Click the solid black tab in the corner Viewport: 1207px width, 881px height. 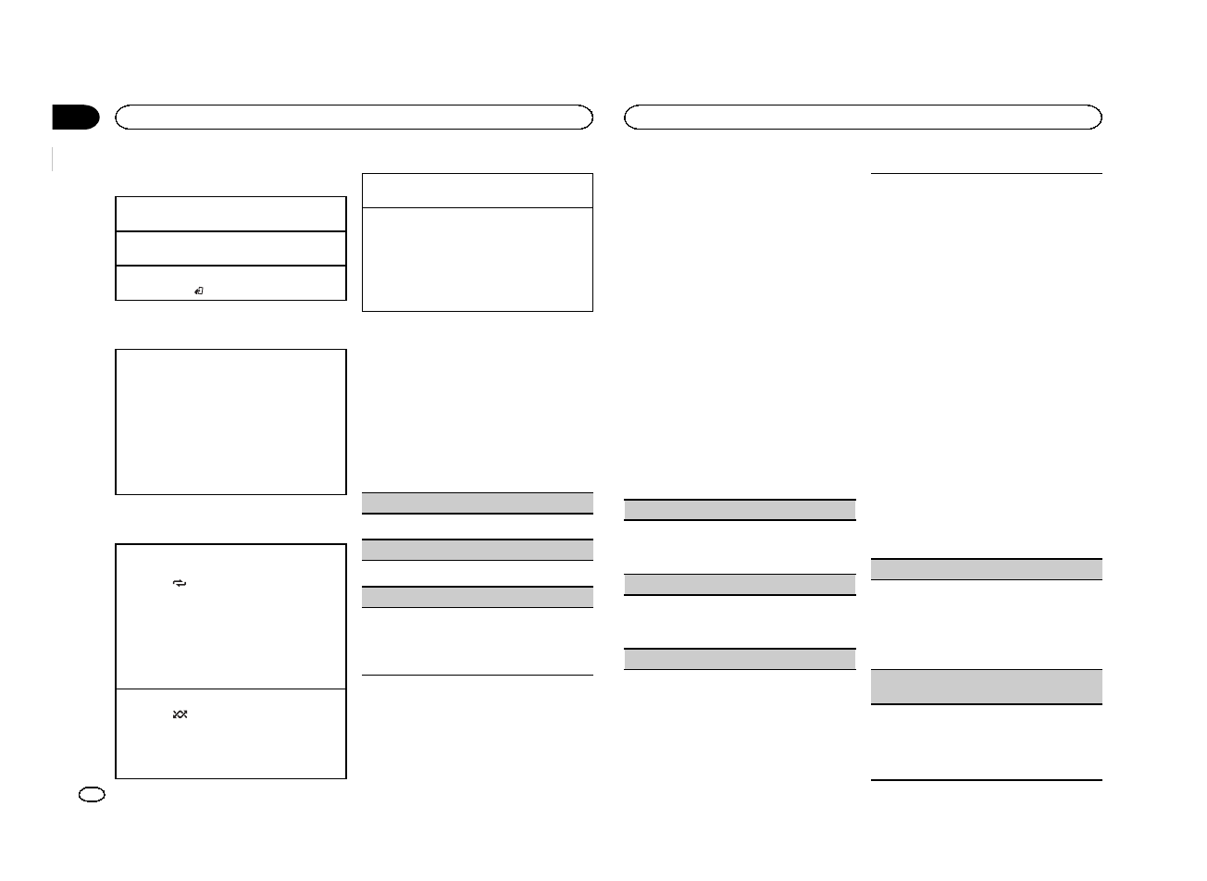pyautogui.click(x=75, y=118)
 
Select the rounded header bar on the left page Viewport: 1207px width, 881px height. pyautogui.click(x=354, y=117)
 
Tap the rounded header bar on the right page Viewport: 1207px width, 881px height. pyautogui.click(x=863, y=117)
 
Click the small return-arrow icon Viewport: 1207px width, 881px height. pyautogui.click(x=199, y=292)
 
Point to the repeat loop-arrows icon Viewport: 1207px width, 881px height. pyautogui.click(x=180, y=584)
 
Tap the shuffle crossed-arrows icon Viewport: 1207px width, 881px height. pyautogui.click(x=180, y=714)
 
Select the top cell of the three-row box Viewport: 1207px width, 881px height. pyautogui.click(x=230, y=214)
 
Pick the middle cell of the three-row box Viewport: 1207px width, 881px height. pyautogui.click(x=230, y=248)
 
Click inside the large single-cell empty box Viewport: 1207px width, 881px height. pyautogui.click(x=230, y=421)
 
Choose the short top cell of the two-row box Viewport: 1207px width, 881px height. pyautogui.click(x=477, y=191)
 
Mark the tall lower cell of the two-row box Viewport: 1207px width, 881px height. pyautogui.click(x=477, y=259)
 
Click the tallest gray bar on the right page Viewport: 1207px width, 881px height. pyautogui.click(x=987, y=687)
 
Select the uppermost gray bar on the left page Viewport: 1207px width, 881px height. pyautogui.click(x=477, y=503)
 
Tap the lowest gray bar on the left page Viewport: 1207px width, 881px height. pyautogui.click(x=477, y=597)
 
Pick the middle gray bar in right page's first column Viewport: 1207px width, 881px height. pyautogui.click(x=740, y=584)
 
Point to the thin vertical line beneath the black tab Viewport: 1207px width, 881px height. pyautogui.click(x=54, y=158)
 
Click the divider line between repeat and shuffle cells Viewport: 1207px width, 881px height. pyautogui.click(x=230, y=689)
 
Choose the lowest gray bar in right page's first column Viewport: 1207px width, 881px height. pyautogui.click(x=740, y=659)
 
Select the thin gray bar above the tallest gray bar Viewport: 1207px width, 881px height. pyautogui.click(x=987, y=569)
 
